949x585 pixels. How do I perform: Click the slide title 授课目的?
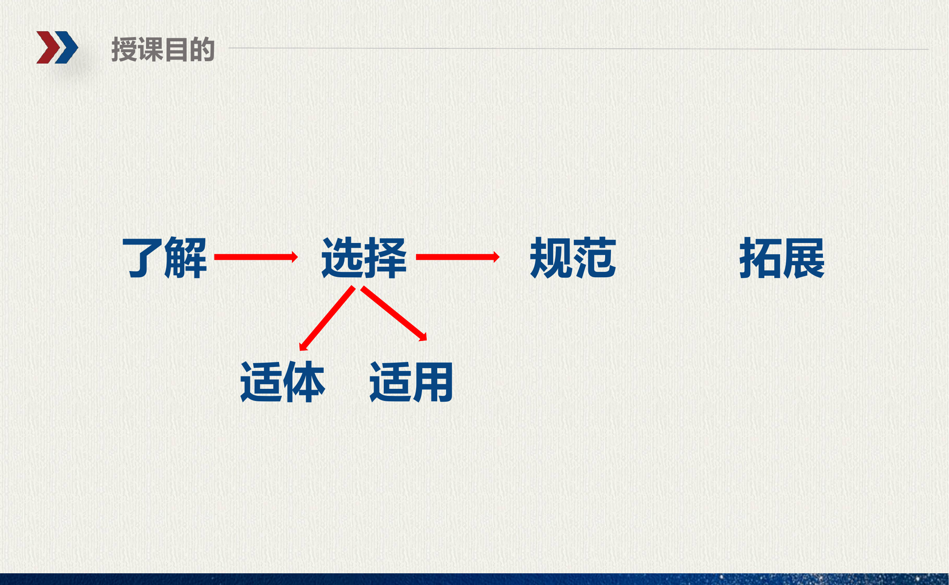(163, 50)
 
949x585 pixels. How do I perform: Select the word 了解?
(164, 257)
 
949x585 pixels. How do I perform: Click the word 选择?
(364, 257)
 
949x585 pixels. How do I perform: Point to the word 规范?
(573, 257)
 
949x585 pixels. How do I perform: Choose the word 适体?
(282, 382)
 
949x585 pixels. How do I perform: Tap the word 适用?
(411, 382)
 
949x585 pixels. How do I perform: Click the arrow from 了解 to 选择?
(256, 257)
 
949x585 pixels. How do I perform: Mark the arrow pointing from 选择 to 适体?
(327, 318)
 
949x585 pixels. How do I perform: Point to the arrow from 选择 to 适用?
(393, 314)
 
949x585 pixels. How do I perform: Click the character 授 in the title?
(124, 50)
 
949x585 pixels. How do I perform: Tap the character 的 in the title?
(202, 50)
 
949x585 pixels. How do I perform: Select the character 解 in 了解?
(186, 257)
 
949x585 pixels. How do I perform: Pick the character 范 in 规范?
(595, 257)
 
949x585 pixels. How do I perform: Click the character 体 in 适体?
(304, 382)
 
